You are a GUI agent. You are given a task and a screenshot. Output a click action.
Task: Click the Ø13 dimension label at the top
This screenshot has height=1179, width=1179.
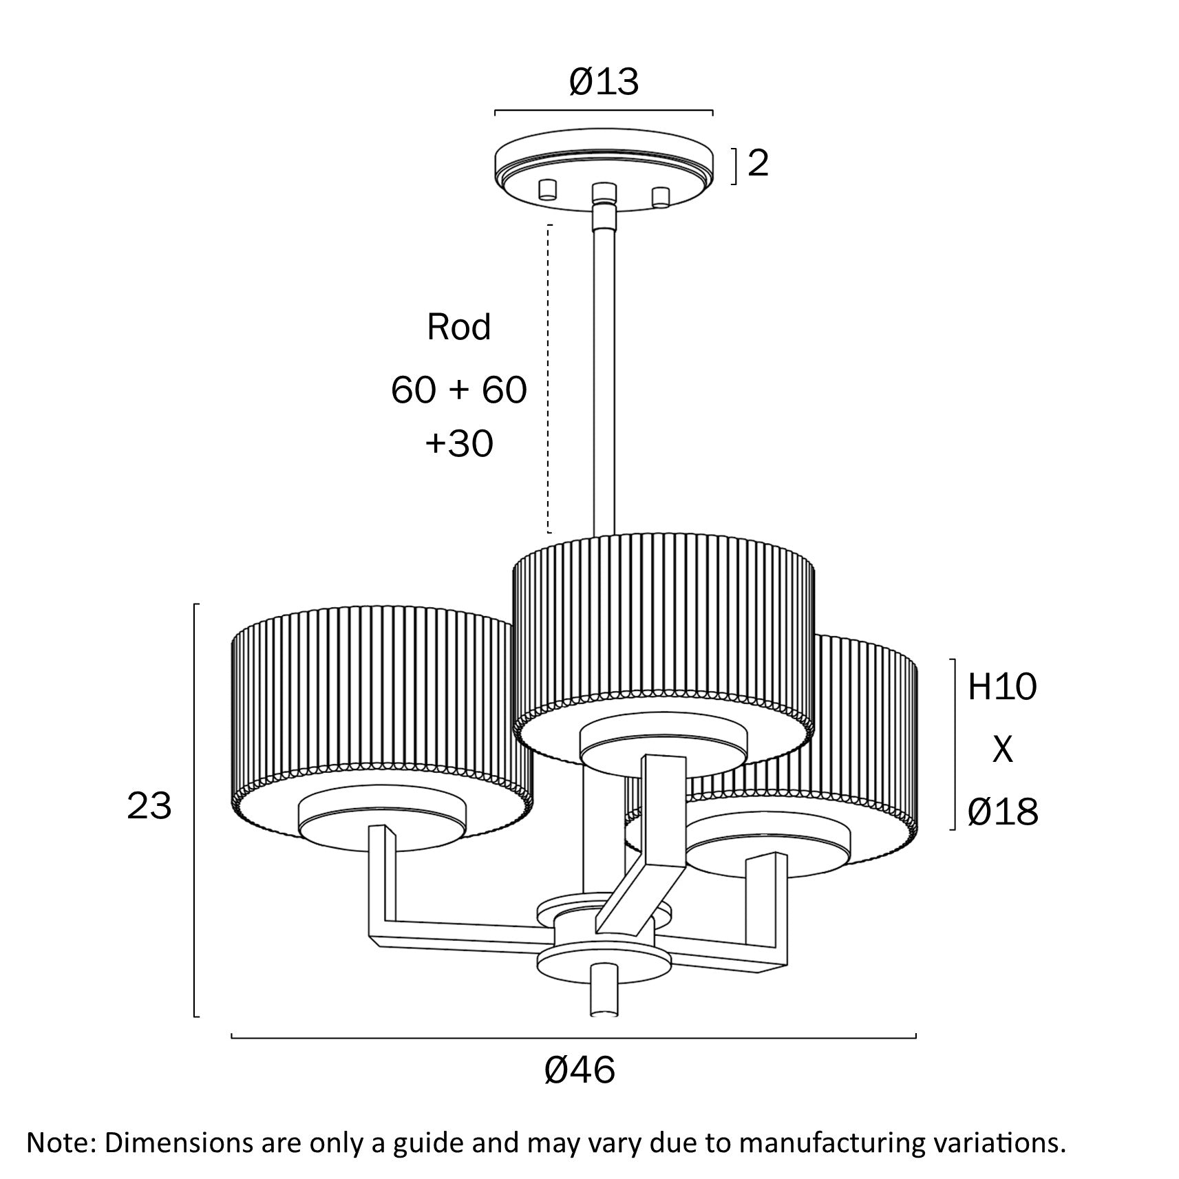604,83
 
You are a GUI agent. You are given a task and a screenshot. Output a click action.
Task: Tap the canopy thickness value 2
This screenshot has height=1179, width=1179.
757,164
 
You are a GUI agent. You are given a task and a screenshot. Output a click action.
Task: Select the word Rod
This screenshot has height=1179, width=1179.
458,327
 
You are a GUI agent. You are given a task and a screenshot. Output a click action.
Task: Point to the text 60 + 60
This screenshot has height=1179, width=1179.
458,390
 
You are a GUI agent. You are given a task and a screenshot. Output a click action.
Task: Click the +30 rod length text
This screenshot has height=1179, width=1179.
458,444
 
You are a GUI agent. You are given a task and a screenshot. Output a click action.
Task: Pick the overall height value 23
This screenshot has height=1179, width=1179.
149,805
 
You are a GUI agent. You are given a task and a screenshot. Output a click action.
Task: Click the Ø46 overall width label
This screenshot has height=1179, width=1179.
580,1071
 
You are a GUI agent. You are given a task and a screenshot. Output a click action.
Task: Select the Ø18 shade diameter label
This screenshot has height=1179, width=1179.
1002,812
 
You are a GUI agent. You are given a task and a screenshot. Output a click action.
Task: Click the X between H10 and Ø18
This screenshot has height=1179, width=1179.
1002,750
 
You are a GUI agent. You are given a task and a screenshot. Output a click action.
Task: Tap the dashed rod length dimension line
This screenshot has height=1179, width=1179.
549,379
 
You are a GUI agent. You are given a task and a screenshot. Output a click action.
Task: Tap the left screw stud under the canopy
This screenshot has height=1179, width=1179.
547,189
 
